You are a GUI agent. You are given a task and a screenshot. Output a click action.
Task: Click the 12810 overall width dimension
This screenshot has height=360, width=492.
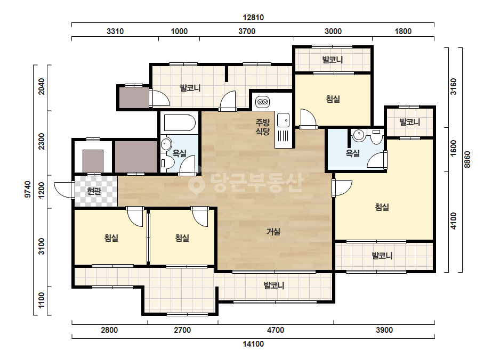(x=253, y=18)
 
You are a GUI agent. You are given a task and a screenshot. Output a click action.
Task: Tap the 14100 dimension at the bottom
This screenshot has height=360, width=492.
(x=253, y=344)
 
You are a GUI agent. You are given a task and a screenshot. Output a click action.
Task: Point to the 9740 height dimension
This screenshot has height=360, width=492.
(x=28, y=189)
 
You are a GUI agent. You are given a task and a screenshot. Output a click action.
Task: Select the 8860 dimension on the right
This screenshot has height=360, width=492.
(x=467, y=159)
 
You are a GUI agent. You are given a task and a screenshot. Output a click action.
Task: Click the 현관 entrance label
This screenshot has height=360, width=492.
(x=94, y=191)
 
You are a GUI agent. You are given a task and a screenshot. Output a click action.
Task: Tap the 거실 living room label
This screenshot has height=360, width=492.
(x=273, y=232)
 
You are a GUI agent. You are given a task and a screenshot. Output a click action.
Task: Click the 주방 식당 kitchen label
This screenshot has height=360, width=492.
(x=262, y=127)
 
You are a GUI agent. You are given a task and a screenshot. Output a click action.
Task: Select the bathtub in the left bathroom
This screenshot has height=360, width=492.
(x=180, y=123)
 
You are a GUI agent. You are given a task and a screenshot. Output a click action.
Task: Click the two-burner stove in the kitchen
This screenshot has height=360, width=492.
(x=262, y=102)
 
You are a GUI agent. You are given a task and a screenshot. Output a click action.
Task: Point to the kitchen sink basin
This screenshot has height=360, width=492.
(x=284, y=120)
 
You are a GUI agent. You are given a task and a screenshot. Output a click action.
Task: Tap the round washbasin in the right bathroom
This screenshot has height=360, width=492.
(x=358, y=135)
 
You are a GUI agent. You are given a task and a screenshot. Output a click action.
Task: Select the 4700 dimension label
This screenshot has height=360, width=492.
(x=276, y=330)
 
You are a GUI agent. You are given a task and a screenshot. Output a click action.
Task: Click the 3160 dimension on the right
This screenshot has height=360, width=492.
(x=454, y=87)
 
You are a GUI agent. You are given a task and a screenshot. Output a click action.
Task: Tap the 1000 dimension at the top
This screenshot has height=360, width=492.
(x=179, y=31)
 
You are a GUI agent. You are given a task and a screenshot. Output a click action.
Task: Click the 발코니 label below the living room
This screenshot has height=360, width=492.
(x=274, y=285)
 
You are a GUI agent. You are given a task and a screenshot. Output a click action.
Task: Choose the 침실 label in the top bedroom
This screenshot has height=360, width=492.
(x=333, y=99)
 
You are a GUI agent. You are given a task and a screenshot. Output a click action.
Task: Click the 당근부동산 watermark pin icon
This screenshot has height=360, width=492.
(x=196, y=183)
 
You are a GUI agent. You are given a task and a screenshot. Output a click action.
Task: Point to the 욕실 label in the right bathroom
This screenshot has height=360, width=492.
(x=352, y=153)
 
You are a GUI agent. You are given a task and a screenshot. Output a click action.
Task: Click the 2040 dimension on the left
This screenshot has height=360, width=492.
(x=41, y=86)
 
